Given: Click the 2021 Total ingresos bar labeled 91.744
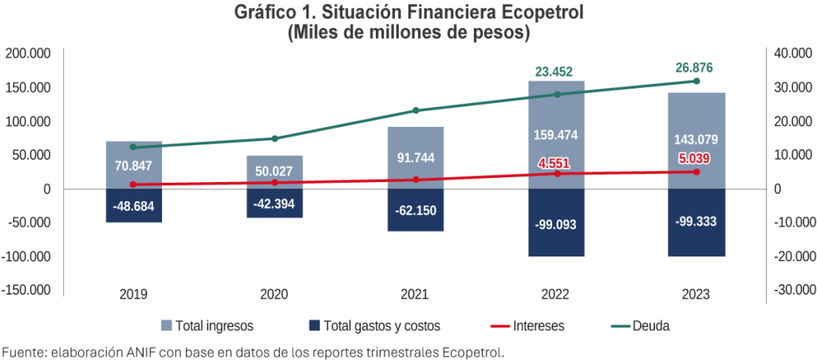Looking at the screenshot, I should pyautogui.click(x=416, y=157).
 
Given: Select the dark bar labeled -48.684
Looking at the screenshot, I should pyautogui.click(x=134, y=205).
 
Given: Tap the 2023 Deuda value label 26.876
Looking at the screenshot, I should pyautogui.click(x=696, y=66).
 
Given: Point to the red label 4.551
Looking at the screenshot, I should pyautogui.click(x=556, y=163).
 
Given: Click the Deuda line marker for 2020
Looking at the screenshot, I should pyautogui.click(x=275, y=139).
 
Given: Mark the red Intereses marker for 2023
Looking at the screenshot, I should pyautogui.click(x=696, y=172).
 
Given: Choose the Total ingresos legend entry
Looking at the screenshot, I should pyautogui.click(x=208, y=326).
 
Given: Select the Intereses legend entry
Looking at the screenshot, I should pyautogui.click(x=527, y=326).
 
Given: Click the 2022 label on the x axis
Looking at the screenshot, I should pyautogui.click(x=556, y=295).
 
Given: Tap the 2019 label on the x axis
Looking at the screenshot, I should pyautogui.click(x=134, y=295).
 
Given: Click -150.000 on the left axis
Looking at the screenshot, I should pyautogui.click(x=27, y=290).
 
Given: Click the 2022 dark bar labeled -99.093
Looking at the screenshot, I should pyautogui.click(x=556, y=223).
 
